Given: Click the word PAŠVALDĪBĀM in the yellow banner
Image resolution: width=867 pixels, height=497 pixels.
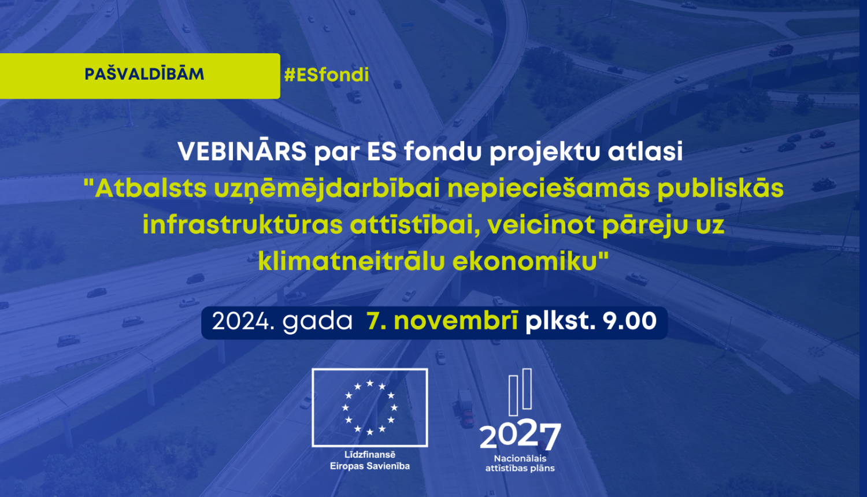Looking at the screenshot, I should [x=144, y=74].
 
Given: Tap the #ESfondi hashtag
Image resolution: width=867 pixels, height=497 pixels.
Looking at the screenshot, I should [x=327, y=75].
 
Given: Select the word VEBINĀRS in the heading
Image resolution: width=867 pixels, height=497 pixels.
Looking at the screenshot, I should [x=242, y=152].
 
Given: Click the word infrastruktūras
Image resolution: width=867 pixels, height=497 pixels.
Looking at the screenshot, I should [x=242, y=225].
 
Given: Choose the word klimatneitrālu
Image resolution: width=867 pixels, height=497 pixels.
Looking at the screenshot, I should [x=351, y=261].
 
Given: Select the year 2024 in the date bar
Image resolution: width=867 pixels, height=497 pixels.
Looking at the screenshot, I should [x=239, y=322].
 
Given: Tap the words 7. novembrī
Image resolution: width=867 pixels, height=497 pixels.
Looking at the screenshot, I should [x=443, y=322].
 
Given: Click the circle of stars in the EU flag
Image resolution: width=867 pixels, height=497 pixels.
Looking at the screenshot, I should [x=370, y=407].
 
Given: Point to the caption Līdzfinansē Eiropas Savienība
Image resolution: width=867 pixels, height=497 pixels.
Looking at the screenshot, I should [x=370, y=461].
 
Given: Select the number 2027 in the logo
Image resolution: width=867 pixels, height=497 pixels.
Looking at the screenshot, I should [x=520, y=435].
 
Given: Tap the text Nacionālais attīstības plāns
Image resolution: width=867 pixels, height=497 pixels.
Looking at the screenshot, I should [x=520, y=463].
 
